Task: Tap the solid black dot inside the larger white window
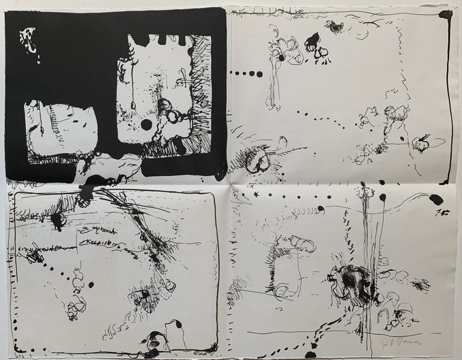146,124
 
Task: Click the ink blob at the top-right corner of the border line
446,14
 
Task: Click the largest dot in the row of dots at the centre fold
259,75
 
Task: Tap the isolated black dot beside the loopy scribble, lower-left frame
91,284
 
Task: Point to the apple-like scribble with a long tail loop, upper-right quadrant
420,143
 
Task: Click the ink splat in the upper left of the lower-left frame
57,219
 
